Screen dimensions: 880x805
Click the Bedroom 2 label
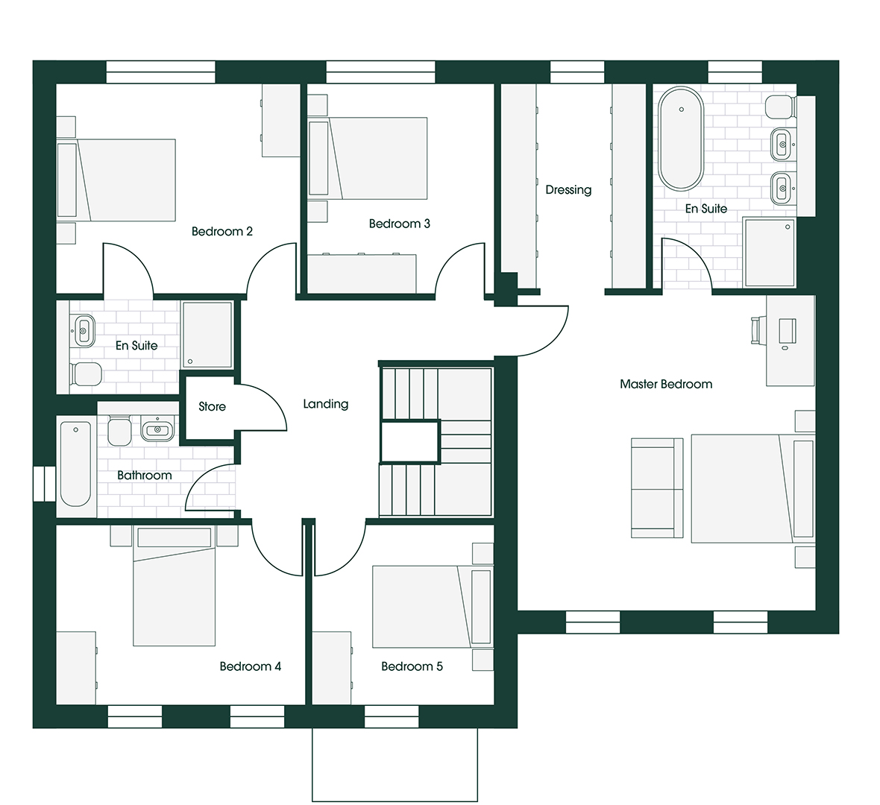[x=221, y=231]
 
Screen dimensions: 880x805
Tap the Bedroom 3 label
[x=400, y=224]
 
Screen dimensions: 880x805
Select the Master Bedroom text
[x=666, y=385]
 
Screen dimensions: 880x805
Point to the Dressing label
[x=568, y=190]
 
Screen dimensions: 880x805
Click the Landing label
[x=325, y=405]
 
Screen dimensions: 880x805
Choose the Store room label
[x=212, y=407]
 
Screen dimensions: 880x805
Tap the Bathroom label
[x=144, y=476]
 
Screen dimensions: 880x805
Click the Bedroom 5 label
[x=412, y=666]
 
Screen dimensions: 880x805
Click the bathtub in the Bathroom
[x=75, y=464]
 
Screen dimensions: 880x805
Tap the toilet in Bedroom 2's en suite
[x=86, y=374]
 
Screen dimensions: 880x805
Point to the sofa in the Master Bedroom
[x=657, y=487]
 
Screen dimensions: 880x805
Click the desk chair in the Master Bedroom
[x=756, y=330]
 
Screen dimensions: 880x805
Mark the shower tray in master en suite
[x=770, y=253]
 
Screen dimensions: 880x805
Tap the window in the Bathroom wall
[x=44, y=484]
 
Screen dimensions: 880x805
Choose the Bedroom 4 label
[x=251, y=666]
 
